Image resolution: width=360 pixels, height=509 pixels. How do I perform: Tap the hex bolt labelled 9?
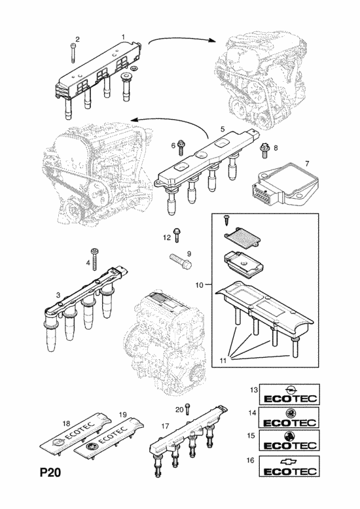click(x=181, y=260)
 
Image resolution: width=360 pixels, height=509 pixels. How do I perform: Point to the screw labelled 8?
click(x=264, y=150)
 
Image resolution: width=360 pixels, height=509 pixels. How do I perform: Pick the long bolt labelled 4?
click(x=95, y=259)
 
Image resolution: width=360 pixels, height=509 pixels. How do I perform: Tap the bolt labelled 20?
click(x=187, y=410)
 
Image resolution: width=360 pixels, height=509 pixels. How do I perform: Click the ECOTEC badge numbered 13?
click(x=289, y=395)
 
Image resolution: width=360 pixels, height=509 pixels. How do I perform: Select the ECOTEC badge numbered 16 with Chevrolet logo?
click(x=289, y=466)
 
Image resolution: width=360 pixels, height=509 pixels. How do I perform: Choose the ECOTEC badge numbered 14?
click(x=289, y=417)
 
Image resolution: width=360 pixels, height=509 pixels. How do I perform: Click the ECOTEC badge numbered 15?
click(x=289, y=440)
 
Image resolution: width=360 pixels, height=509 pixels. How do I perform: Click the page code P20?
click(x=50, y=472)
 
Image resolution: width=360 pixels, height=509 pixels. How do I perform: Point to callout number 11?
click(x=223, y=360)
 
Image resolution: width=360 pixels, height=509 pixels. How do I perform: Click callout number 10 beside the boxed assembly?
click(x=199, y=285)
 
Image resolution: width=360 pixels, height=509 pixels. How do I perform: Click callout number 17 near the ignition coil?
click(x=165, y=425)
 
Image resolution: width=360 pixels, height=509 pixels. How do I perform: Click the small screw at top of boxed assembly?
click(x=226, y=220)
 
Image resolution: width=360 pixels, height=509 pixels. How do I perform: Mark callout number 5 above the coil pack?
click(x=223, y=129)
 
